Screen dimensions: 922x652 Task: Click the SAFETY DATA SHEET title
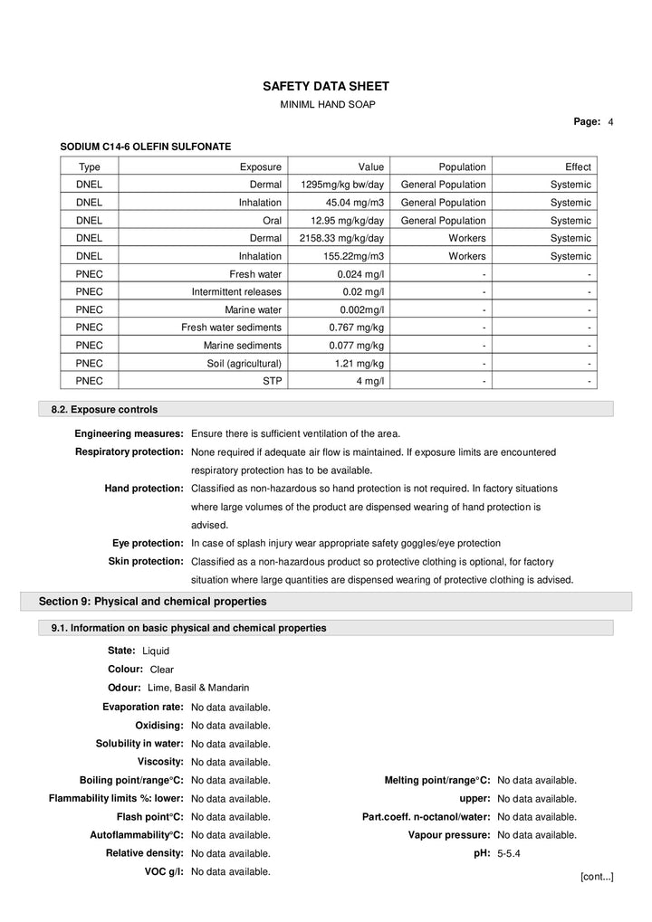tap(326, 86)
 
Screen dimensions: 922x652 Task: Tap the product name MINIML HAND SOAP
tap(326, 105)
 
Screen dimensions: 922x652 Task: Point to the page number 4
tap(611, 121)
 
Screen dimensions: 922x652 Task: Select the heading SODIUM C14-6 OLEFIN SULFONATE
tap(145, 146)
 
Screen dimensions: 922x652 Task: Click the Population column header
tap(462, 166)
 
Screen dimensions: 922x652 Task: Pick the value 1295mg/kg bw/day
tap(342, 185)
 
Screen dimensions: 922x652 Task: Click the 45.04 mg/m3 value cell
tap(354, 203)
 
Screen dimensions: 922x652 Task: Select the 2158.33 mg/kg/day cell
tap(341, 238)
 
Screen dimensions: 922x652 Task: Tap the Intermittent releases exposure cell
tap(236, 291)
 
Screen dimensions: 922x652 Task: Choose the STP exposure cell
tap(272, 381)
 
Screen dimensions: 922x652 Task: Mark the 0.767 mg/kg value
tap(356, 327)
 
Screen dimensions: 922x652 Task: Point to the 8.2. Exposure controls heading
tap(104, 410)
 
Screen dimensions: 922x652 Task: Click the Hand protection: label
tap(144, 488)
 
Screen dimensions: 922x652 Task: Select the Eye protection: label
tap(148, 543)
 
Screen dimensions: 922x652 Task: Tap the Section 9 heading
tap(152, 601)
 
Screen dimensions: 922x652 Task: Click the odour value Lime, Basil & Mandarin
tap(198, 688)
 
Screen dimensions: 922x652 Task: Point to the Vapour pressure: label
tap(449, 835)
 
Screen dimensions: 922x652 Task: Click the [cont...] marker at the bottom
tap(597, 877)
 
